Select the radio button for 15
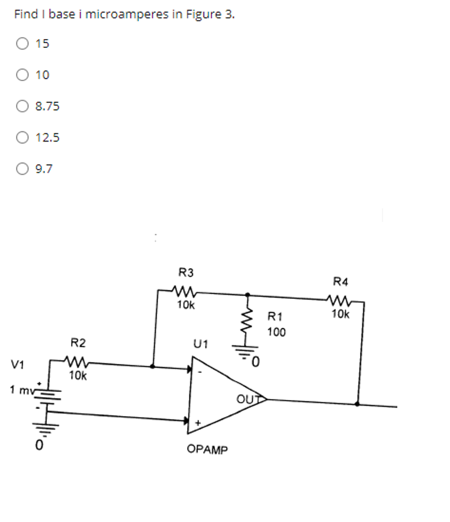[22, 43]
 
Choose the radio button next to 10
[22, 75]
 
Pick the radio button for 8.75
[22, 107]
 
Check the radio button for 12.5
[22, 138]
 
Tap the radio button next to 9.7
[22, 169]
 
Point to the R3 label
[185, 273]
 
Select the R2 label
[78, 343]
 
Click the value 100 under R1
[276, 332]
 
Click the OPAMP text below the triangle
[207, 450]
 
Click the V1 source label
[18, 365]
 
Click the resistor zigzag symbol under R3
[185, 291]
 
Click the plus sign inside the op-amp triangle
[198, 423]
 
